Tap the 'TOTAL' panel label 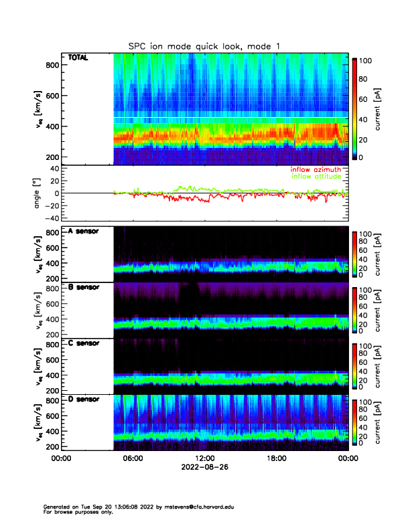click(78, 58)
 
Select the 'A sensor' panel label click(84, 232)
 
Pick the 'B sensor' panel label click(84, 288)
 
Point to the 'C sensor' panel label click(84, 344)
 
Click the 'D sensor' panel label click(84, 400)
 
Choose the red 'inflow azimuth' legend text click(316, 170)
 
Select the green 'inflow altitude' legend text click(316, 177)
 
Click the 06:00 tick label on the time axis click(133, 458)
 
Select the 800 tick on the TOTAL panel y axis click(52, 65)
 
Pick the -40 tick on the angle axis click(50, 218)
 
